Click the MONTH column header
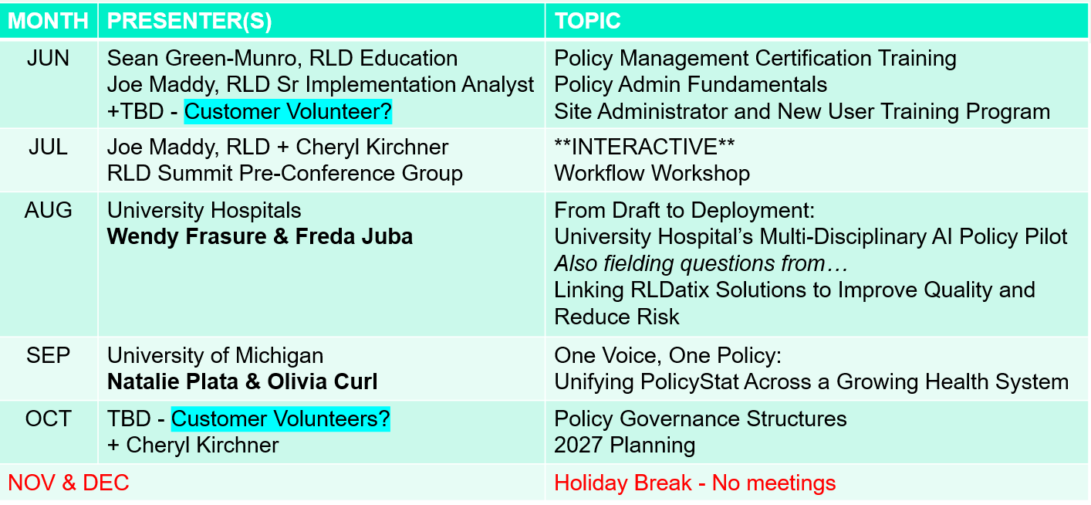click(48, 21)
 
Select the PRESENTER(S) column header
click(189, 21)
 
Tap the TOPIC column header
click(587, 21)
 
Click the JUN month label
click(48, 59)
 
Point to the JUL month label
click(48, 147)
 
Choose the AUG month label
click(48, 211)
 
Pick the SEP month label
click(48, 355)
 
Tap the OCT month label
click(48, 419)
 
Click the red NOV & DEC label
click(68, 483)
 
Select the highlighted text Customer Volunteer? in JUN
click(288, 112)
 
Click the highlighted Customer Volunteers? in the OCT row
click(281, 419)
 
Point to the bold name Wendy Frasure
click(187, 237)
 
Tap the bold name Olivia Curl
click(323, 381)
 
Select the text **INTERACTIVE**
click(644, 147)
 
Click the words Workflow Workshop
click(652, 174)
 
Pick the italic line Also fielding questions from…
click(701, 264)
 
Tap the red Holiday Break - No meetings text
click(695, 483)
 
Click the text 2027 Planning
click(625, 446)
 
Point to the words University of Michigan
click(215, 355)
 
